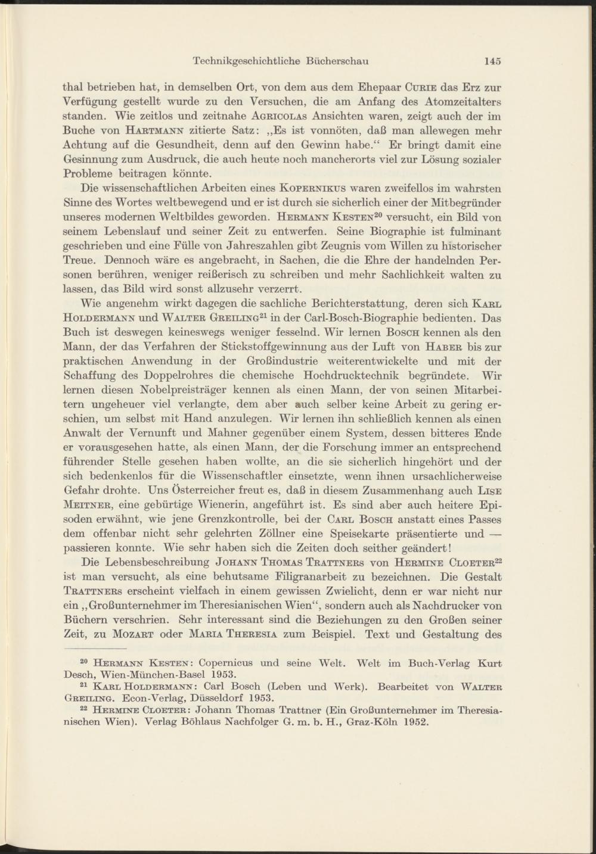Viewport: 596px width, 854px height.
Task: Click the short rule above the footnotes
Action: [x=95, y=648]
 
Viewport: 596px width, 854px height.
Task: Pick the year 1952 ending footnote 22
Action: [x=416, y=723]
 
